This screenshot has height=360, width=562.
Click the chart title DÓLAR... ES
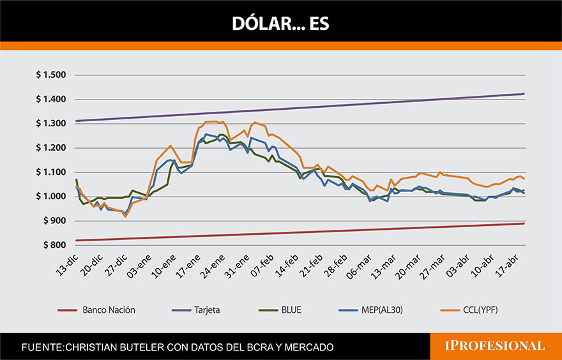280,24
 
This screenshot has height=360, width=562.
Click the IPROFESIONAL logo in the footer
494,346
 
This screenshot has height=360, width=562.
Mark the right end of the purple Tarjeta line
524,94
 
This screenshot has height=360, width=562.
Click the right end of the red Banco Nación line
524,223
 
